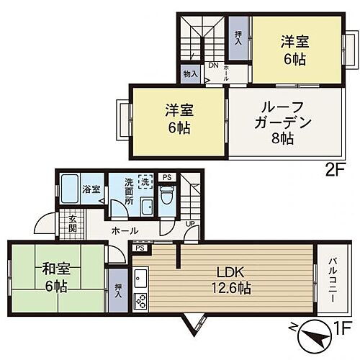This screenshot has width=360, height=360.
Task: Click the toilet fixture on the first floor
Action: point(166,195)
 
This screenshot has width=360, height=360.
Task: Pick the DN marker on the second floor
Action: point(213,66)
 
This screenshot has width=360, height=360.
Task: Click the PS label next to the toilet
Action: point(167,176)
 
